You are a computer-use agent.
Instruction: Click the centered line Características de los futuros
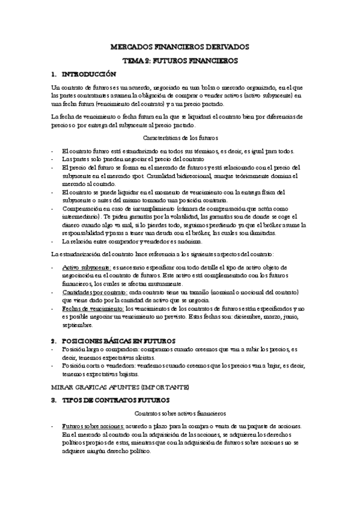[x=180, y=138]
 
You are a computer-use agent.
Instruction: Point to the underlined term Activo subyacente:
[x=84, y=266]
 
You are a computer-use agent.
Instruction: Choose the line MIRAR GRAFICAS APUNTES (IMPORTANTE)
[x=121, y=386]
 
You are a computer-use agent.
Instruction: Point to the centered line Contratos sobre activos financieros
[x=180, y=414]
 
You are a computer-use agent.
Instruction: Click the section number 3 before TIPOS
[x=53, y=399]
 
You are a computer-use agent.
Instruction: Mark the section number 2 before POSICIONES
[x=53, y=340]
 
